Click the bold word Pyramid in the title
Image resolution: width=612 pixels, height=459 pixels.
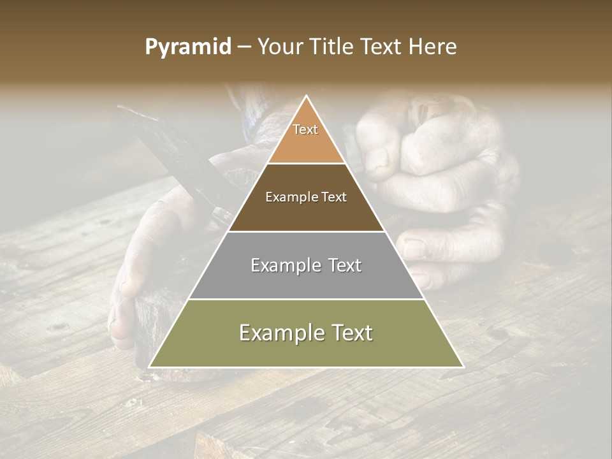click(x=187, y=47)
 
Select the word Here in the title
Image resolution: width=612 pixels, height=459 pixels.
click(x=434, y=47)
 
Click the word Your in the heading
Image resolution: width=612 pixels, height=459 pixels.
click(x=280, y=47)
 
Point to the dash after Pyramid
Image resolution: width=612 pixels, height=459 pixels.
click(x=244, y=47)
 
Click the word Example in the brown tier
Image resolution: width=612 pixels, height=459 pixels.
click(x=289, y=197)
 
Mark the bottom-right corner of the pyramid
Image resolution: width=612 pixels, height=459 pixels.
click(x=463, y=367)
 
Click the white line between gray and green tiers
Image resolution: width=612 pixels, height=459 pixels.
click(x=306, y=299)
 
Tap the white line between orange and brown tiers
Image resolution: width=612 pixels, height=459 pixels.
click(x=306, y=163)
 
